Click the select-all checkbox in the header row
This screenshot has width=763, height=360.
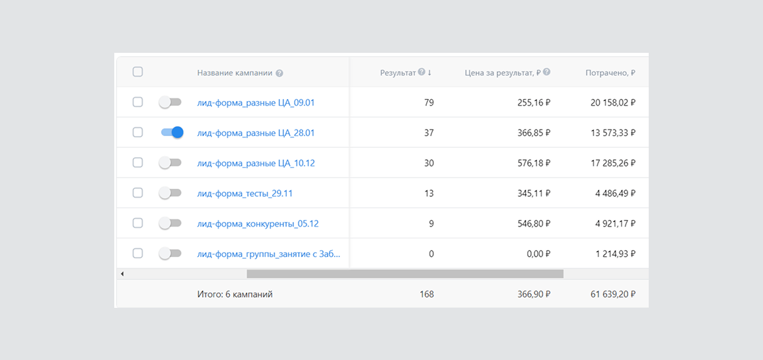137,72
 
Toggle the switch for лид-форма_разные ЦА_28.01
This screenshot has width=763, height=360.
172,133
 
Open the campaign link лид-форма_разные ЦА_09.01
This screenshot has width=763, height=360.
256,102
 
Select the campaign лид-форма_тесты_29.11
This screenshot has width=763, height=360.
137,193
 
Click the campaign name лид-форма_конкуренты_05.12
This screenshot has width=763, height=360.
258,223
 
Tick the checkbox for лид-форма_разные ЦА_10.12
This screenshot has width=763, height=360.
137,162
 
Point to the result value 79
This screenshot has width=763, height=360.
428,102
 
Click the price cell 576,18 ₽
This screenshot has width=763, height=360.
534,163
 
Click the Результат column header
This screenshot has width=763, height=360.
398,73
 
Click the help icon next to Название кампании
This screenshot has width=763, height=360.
279,73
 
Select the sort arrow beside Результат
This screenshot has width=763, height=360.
429,73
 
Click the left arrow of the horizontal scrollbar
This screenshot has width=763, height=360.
122,273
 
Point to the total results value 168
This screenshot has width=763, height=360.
427,294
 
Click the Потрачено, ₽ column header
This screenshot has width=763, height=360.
610,73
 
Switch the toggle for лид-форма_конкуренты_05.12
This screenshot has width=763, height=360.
170,223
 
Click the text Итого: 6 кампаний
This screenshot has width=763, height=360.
235,294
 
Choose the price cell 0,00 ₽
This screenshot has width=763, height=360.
536,254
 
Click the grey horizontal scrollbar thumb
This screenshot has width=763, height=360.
405,273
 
